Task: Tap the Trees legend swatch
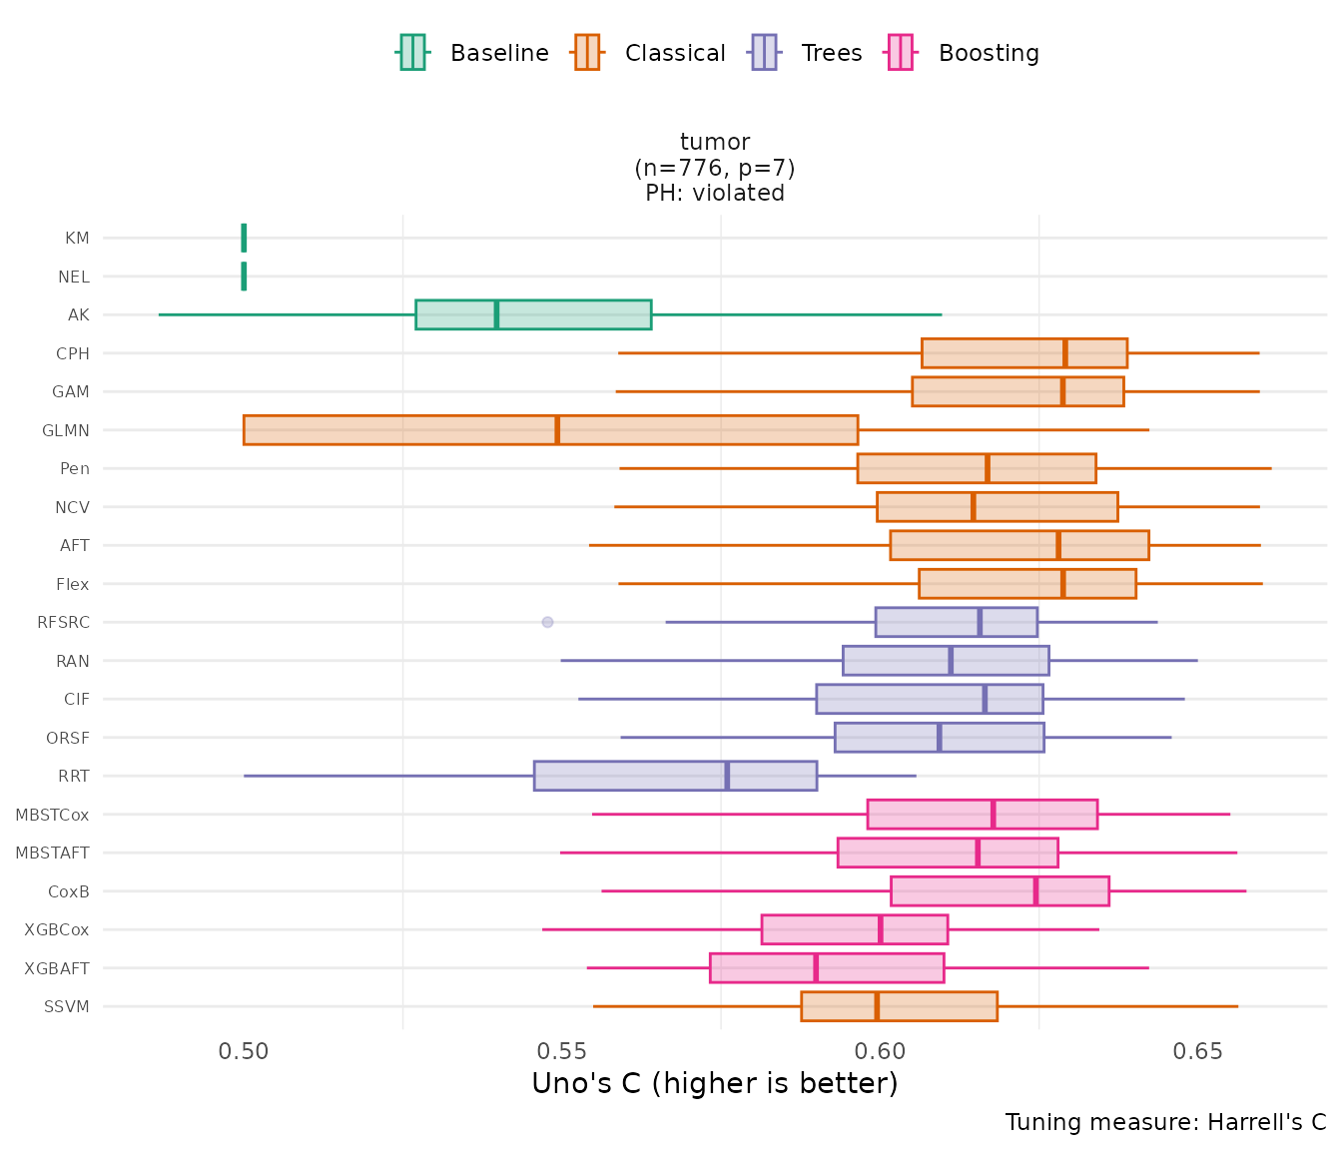click(764, 52)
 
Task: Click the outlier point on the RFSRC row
click(547, 622)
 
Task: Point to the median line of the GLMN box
click(557, 430)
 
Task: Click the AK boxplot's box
click(533, 314)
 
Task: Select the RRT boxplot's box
click(675, 776)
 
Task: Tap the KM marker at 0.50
click(244, 238)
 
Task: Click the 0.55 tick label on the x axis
click(561, 1052)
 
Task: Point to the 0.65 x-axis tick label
click(1197, 1052)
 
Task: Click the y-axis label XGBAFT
click(57, 968)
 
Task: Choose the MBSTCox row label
click(52, 815)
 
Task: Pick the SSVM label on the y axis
click(67, 1006)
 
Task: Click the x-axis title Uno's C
click(714, 1084)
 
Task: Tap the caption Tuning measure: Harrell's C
click(1165, 1123)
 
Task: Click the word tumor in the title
click(715, 143)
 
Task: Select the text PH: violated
click(715, 193)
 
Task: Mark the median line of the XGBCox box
click(880, 929)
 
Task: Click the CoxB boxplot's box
click(1000, 890)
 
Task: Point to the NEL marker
click(244, 277)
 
